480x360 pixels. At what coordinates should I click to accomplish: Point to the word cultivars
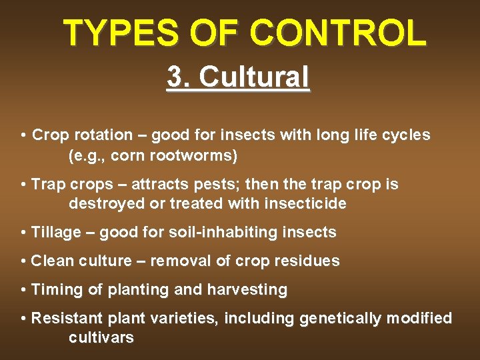pyautogui.click(x=101, y=338)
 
